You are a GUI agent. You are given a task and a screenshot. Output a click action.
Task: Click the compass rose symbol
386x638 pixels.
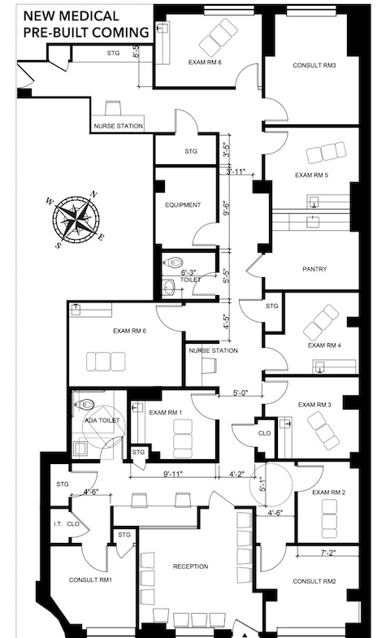(x=76, y=219)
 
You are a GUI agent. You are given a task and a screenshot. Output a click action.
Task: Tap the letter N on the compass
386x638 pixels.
(x=93, y=194)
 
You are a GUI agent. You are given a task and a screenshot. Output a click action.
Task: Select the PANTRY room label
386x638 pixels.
(x=314, y=269)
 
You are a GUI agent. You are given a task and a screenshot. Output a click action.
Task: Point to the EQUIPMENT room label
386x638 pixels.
(x=183, y=205)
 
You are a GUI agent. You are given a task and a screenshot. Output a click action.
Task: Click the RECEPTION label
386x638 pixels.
(x=190, y=566)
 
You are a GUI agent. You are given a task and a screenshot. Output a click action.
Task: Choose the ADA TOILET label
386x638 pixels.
(x=102, y=420)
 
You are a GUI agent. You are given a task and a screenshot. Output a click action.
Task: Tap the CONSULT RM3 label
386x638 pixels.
(x=314, y=65)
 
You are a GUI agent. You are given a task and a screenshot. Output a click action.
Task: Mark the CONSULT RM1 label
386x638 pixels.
(x=90, y=579)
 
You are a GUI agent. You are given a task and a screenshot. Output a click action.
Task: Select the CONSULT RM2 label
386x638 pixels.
(x=314, y=581)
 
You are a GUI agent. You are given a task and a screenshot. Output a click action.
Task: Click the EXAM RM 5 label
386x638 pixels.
(x=311, y=176)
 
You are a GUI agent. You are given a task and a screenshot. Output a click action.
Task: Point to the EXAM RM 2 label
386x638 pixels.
(x=328, y=493)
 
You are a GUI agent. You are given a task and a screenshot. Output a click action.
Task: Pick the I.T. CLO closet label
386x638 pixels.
(x=67, y=523)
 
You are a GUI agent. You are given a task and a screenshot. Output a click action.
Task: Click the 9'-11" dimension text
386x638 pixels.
(x=173, y=473)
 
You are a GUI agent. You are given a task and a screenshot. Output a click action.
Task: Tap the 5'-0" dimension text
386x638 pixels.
(x=241, y=393)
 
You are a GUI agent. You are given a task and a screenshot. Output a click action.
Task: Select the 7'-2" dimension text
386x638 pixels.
(x=327, y=553)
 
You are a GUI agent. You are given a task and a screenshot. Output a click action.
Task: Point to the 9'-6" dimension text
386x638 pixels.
(x=227, y=207)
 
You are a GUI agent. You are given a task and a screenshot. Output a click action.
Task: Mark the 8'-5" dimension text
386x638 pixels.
(x=137, y=52)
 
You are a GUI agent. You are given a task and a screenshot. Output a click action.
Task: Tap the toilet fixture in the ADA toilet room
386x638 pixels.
(x=85, y=405)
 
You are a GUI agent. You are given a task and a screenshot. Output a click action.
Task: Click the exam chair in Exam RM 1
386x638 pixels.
(x=182, y=439)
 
